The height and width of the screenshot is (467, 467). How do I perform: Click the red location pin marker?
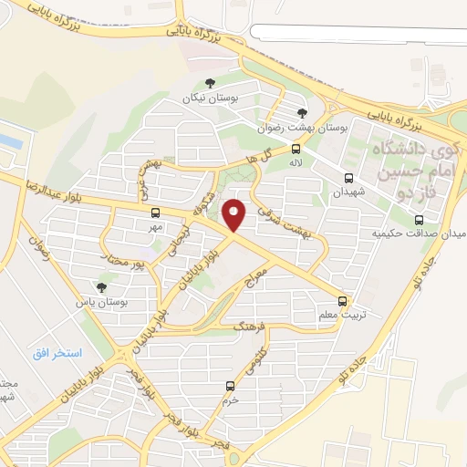(x=234, y=214)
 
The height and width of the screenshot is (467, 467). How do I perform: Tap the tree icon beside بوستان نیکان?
(x=210, y=85)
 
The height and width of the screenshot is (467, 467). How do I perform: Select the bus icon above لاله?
(x=296, y=149)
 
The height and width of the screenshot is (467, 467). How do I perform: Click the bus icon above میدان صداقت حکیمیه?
(x=419, y=220)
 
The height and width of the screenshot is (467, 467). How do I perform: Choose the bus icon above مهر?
(x=155, y=213)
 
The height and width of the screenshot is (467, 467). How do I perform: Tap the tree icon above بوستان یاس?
(x=100, y=287)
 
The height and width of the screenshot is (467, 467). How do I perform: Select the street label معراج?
(x=254, y=273)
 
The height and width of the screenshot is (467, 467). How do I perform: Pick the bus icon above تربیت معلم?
(x=343, y=300)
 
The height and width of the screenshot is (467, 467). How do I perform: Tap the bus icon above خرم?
(x=229, y=386)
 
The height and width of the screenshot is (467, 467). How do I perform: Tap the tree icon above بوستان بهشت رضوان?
(x=302, y=113)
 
